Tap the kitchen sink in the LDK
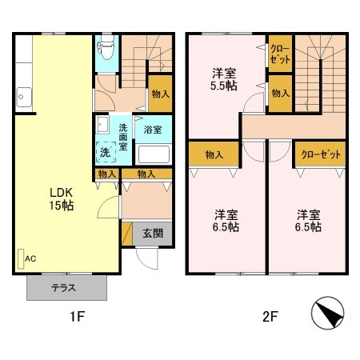coord(24,97)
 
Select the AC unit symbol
coord(21,258)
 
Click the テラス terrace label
coord(64,288)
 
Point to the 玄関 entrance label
coord(153,234)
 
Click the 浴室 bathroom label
coord(153,130)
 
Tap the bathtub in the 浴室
coord(154,154)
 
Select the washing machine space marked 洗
coord(106,152)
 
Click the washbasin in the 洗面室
coord(102,125)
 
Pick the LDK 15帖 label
coord(62,199)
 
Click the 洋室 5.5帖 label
coord(224,79)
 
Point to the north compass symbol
coord(327,313)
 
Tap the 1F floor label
coord(77,317)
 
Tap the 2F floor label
coord(270,317)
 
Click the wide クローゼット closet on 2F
coord(321,154)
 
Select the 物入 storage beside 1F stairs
coord(160,94)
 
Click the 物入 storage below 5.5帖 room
coord(214,154)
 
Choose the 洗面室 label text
coord(123,137)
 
